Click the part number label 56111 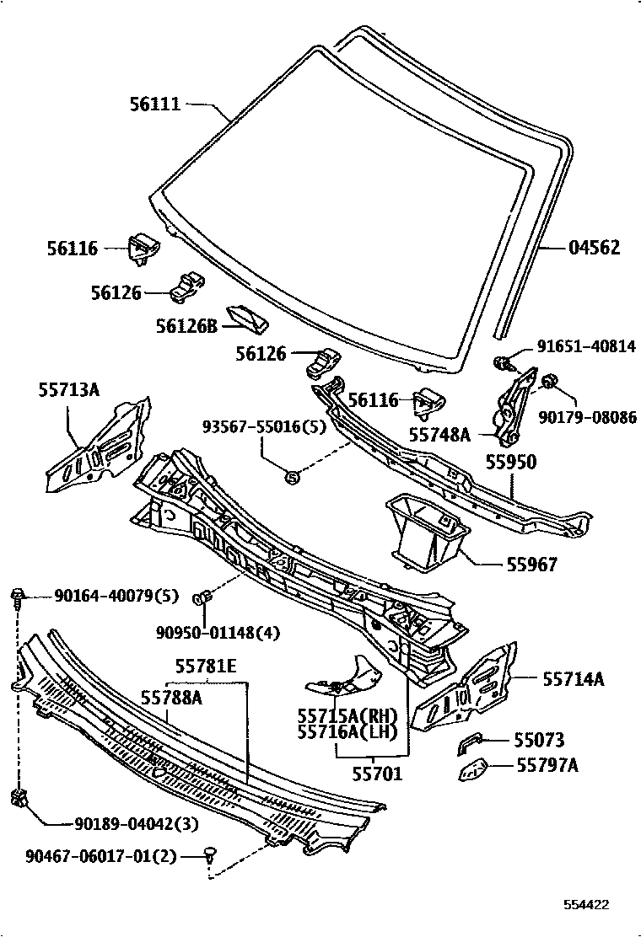(155, 104)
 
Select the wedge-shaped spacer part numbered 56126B (247, 319)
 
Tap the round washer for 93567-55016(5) (292, 477)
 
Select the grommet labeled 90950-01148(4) (203, 599)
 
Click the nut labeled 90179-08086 (548, 382)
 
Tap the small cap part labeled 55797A (474, 769)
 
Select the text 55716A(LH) (347, 732)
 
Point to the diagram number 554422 (585, 905)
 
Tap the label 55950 (510, 463)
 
